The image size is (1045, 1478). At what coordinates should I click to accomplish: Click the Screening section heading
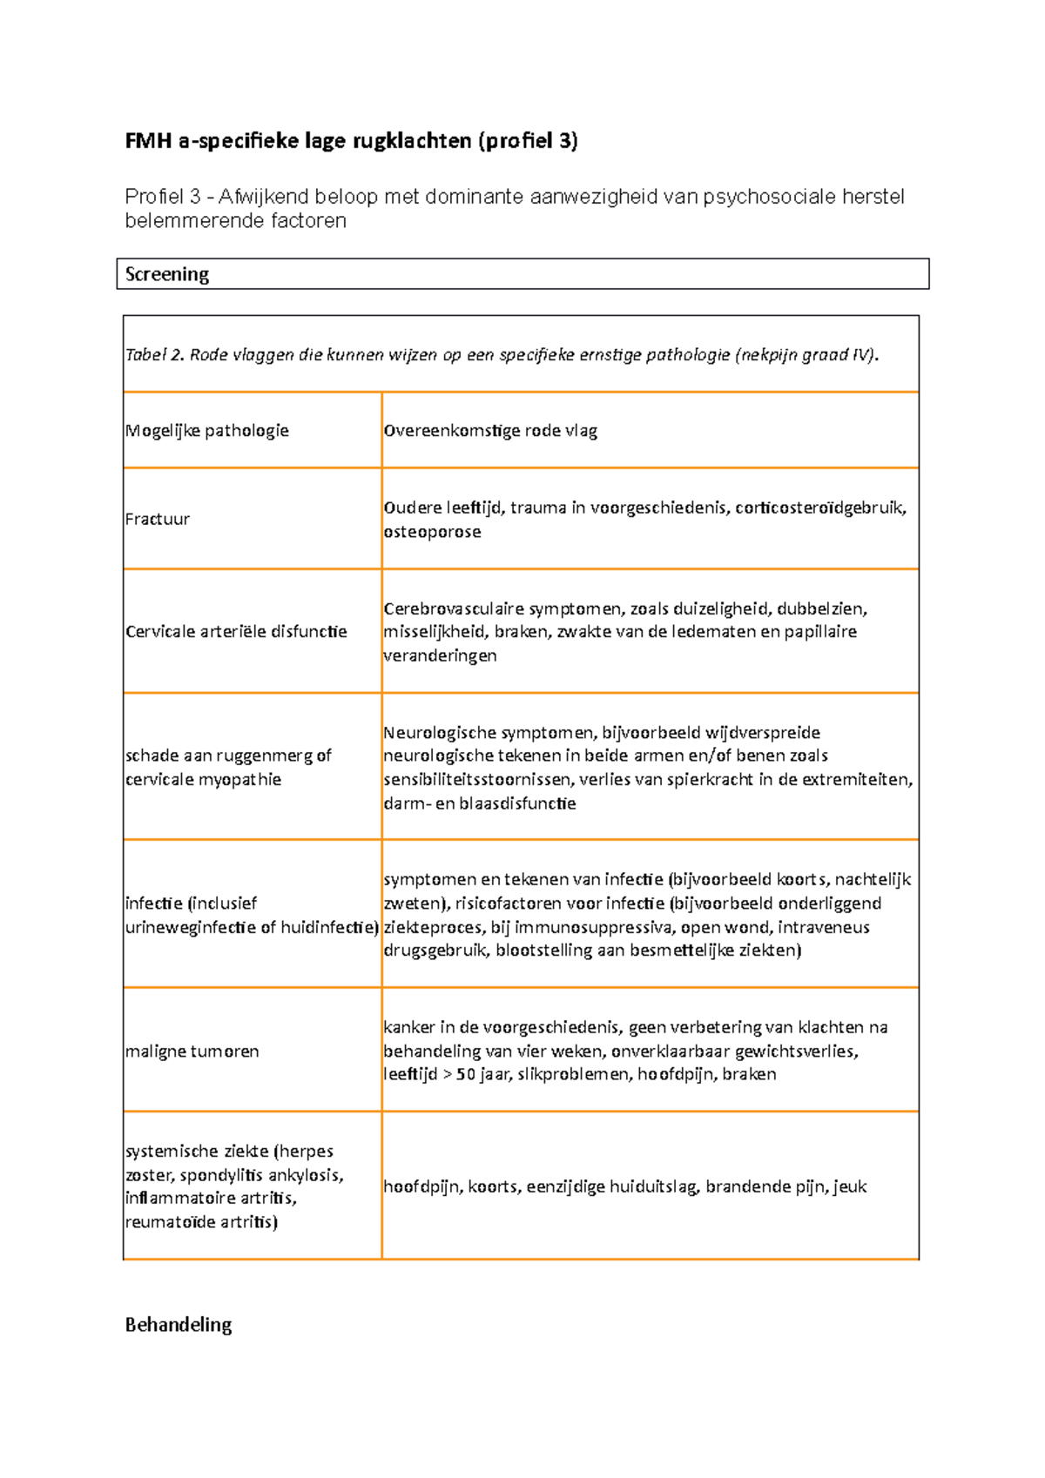click(167, 274)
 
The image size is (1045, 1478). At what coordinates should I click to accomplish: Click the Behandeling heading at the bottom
click(179, 1325)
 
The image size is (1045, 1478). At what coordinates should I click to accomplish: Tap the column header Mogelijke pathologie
click(207, 431)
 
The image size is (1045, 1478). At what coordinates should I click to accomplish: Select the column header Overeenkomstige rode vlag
click(490, 431)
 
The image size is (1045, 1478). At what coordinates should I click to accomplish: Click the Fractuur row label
click(158, 519)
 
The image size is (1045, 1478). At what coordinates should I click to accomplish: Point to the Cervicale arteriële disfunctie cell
click(236, 631)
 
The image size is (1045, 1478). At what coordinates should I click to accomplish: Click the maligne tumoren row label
click(192, 1051)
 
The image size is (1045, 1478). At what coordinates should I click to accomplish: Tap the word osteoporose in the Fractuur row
click(432, 532)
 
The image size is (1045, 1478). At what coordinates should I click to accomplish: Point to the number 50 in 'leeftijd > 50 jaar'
click(466, 1074)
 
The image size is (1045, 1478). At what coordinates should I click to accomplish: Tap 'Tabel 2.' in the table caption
click(155, 354)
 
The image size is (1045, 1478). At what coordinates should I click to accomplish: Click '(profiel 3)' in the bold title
click(527, 140)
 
